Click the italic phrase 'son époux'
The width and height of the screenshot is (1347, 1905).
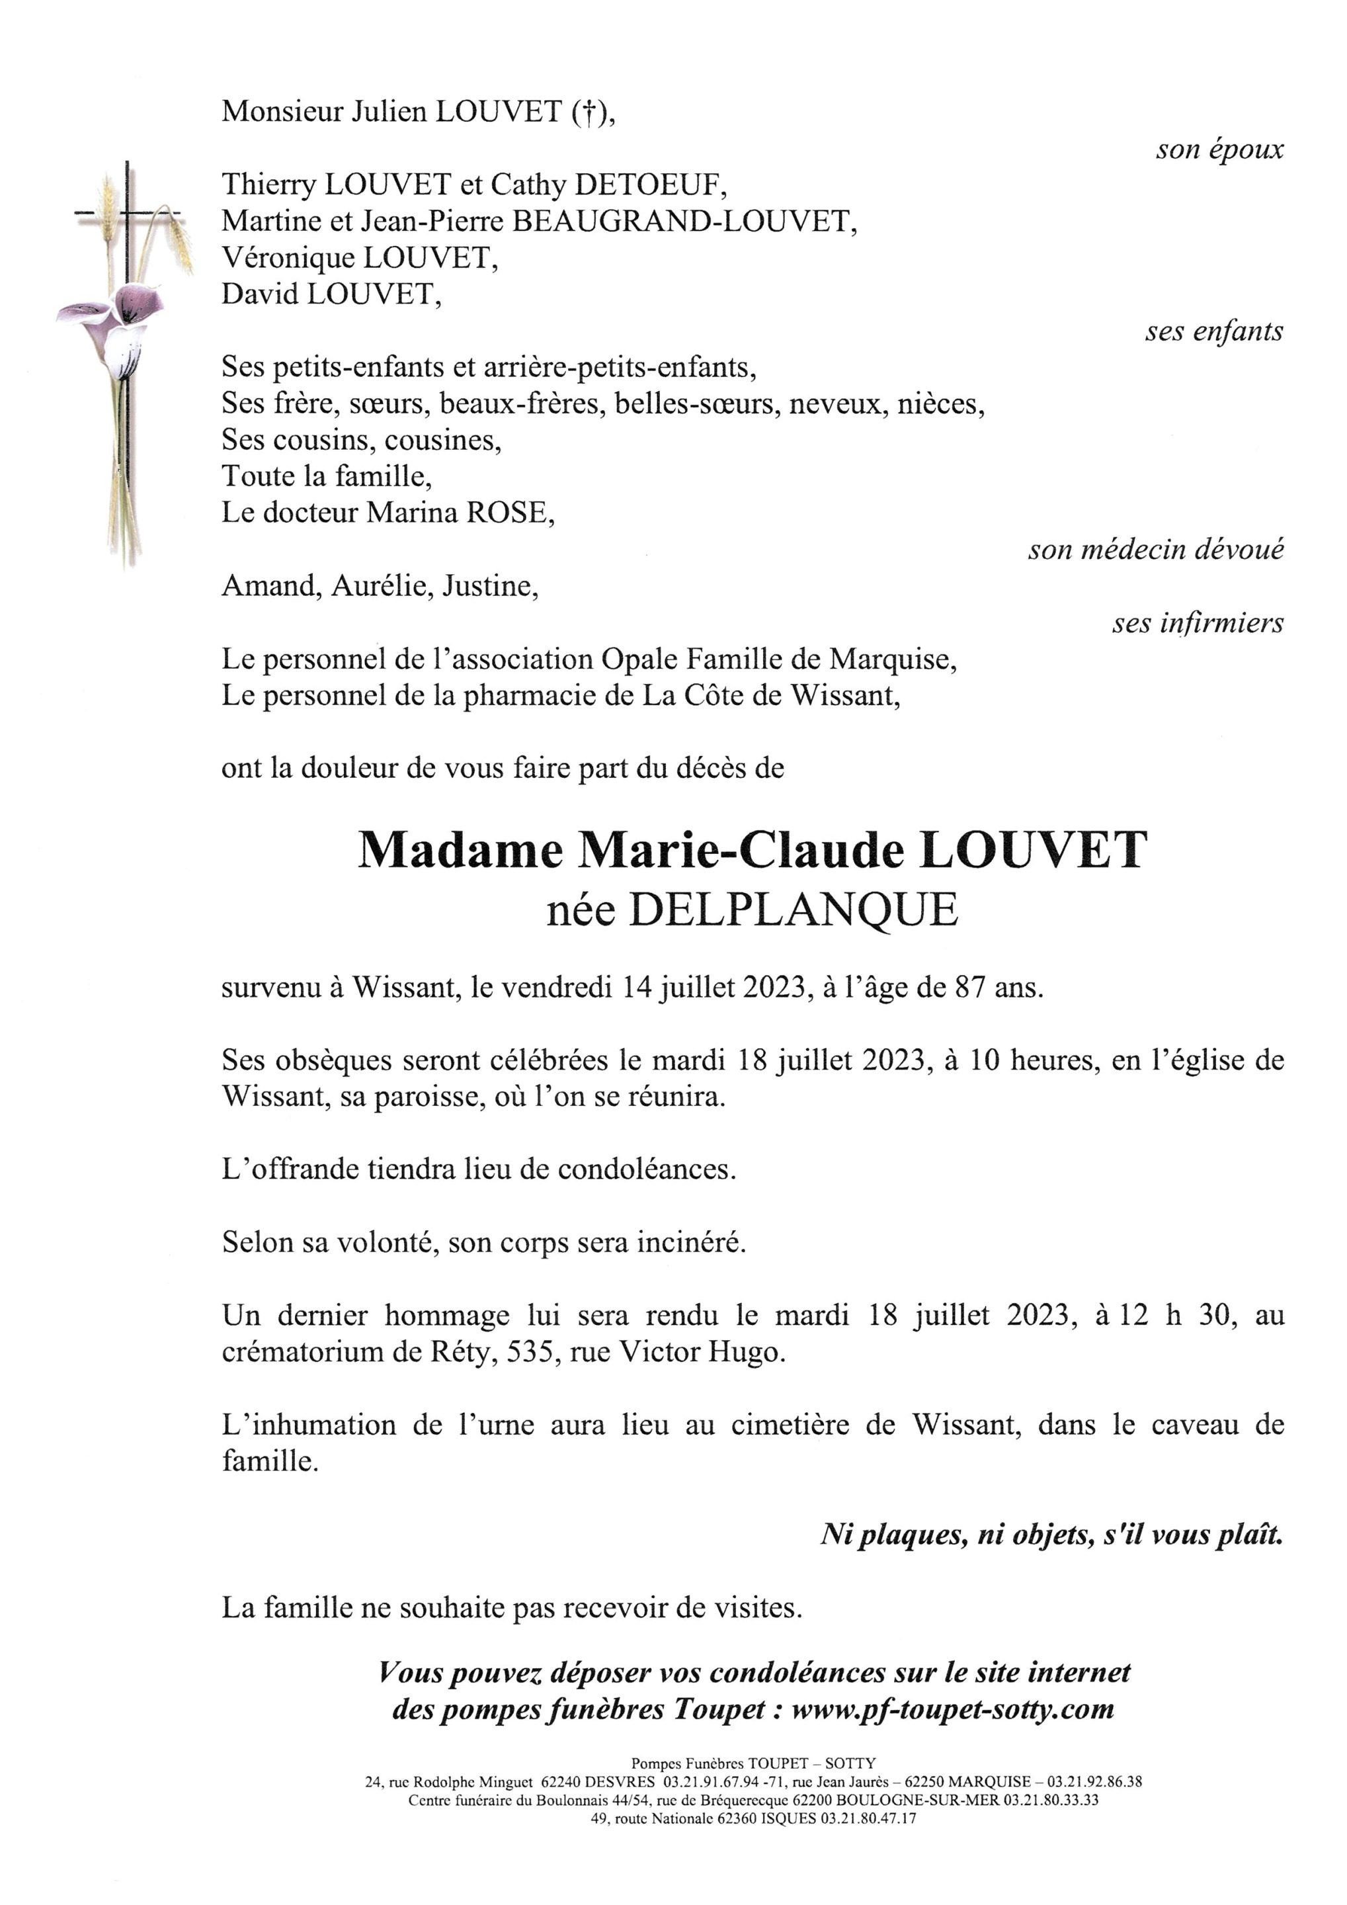(1219, 150)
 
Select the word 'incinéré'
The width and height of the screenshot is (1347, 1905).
(689, 1243)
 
